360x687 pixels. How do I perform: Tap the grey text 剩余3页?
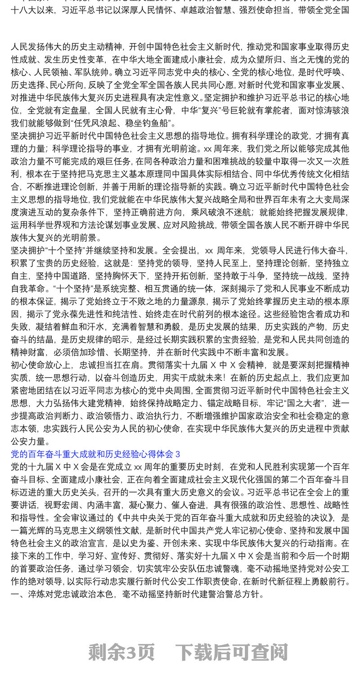coord(121,652)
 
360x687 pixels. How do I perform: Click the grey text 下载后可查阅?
coord(231,652)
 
